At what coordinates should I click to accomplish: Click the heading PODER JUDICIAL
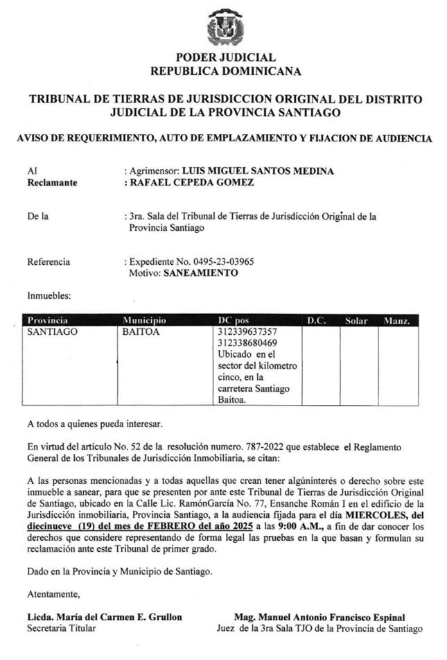[226, 58]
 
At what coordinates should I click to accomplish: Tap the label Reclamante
[52, 183]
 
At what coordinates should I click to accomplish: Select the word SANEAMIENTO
[200, 273]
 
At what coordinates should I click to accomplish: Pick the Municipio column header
[145, 321]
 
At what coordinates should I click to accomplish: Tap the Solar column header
[356, 321]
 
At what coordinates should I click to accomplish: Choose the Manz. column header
[397, 321]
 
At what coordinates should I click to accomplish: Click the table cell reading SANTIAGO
[52, 332]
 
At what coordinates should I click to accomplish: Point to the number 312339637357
[247, 332]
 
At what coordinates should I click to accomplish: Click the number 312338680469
[247, 342]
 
